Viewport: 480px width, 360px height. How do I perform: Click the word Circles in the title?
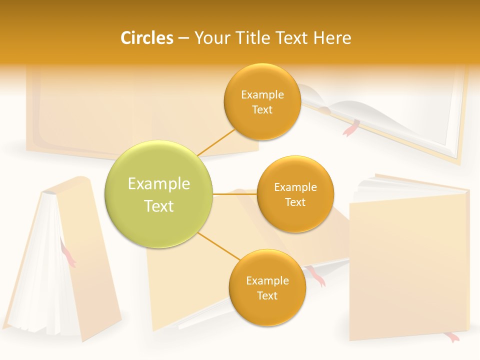(146, 38)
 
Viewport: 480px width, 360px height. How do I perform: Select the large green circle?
(159, 194)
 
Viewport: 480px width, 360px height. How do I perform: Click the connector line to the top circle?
(216, 142)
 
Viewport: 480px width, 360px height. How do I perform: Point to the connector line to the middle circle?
(235, 194)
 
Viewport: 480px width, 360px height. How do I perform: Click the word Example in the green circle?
(159, 184)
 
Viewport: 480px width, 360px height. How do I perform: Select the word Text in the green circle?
(159, 206)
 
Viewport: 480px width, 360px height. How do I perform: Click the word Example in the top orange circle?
(262, 94)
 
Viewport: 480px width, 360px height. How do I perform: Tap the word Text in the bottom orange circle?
(267, 295)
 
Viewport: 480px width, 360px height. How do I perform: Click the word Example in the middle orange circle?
(295, 187)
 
